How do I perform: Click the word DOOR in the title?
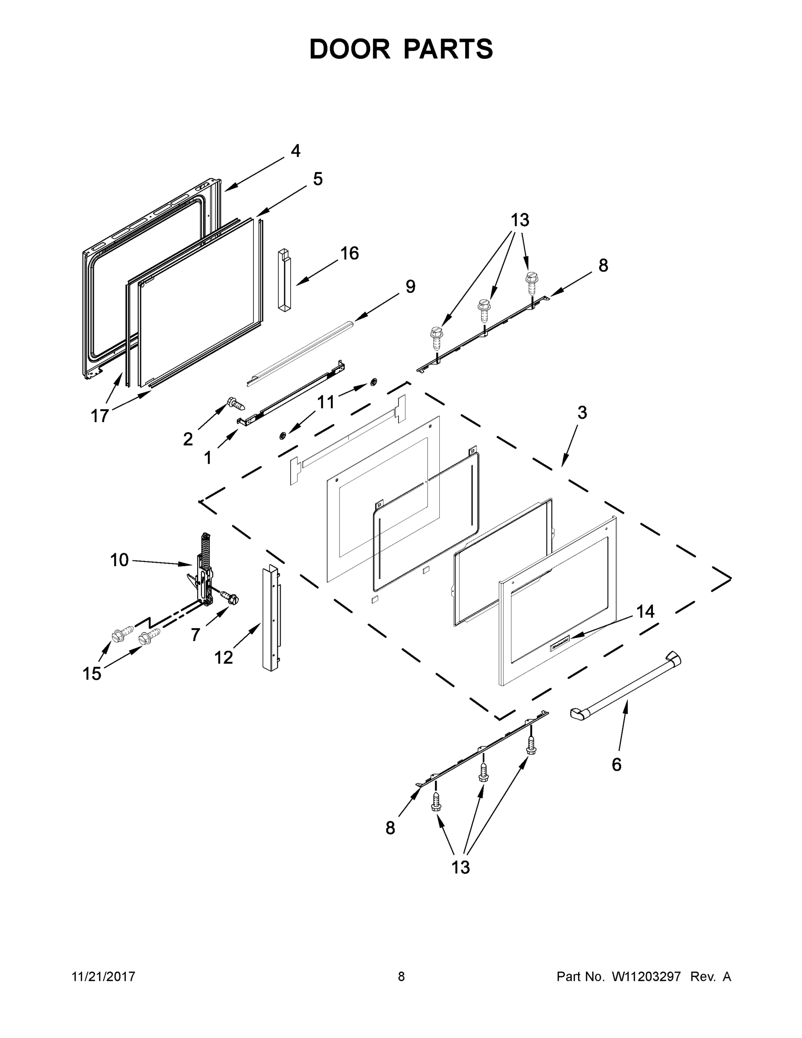350,49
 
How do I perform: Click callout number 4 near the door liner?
296,151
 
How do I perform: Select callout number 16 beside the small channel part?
350,253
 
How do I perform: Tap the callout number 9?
410,287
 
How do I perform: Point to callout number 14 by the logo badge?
645,612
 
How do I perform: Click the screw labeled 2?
236,404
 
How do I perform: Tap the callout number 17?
100,416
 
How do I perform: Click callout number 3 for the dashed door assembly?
582,413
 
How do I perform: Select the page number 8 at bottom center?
401,976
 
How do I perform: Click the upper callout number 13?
520,221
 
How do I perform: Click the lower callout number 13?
460,867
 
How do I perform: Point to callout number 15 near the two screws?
92,673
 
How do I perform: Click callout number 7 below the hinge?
195,634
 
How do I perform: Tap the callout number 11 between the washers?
326,403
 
